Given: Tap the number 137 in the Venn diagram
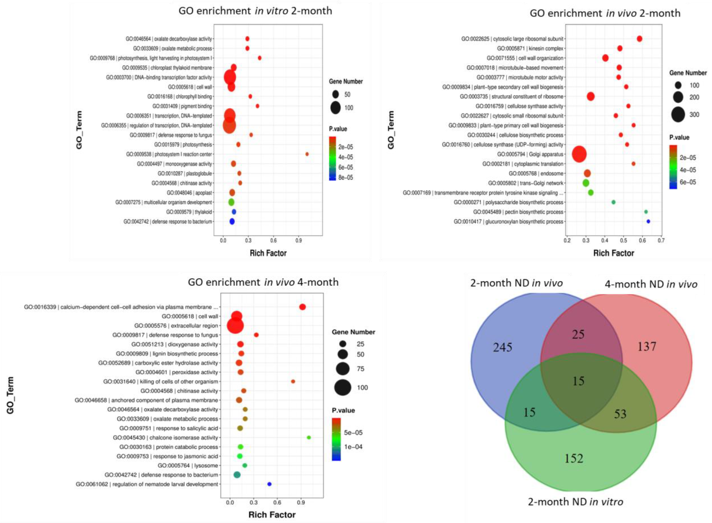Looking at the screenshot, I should pyautogui.click(x=647, y=346).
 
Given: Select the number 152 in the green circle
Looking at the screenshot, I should pyautogui.click(x=574, y=458).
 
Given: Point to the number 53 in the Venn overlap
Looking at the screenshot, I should pyautogui.click(x=620, y=414).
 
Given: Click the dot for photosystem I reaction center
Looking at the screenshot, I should pyautogui.click(x=307, y=154).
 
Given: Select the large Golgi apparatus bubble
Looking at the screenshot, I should pyautogui.click(x=579, y=154).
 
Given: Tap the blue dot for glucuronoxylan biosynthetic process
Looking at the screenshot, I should pyautogui.click(x=648, y=222).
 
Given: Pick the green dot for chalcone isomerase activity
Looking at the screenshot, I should pyautogui.click(x=309, y=438).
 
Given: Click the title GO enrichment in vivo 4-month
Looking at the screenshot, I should pyautogui.click(x=263, y=282).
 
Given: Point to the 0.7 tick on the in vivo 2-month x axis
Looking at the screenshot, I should pyautogui.click(x=661, y=241).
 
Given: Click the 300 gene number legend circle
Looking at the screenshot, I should pyautogui.click(x=678, y=115).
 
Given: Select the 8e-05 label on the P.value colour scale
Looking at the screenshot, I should pyautogui.click(x=345, y=177).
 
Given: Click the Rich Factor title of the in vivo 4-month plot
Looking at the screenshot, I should pyautogui.click(x=272, y=515).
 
